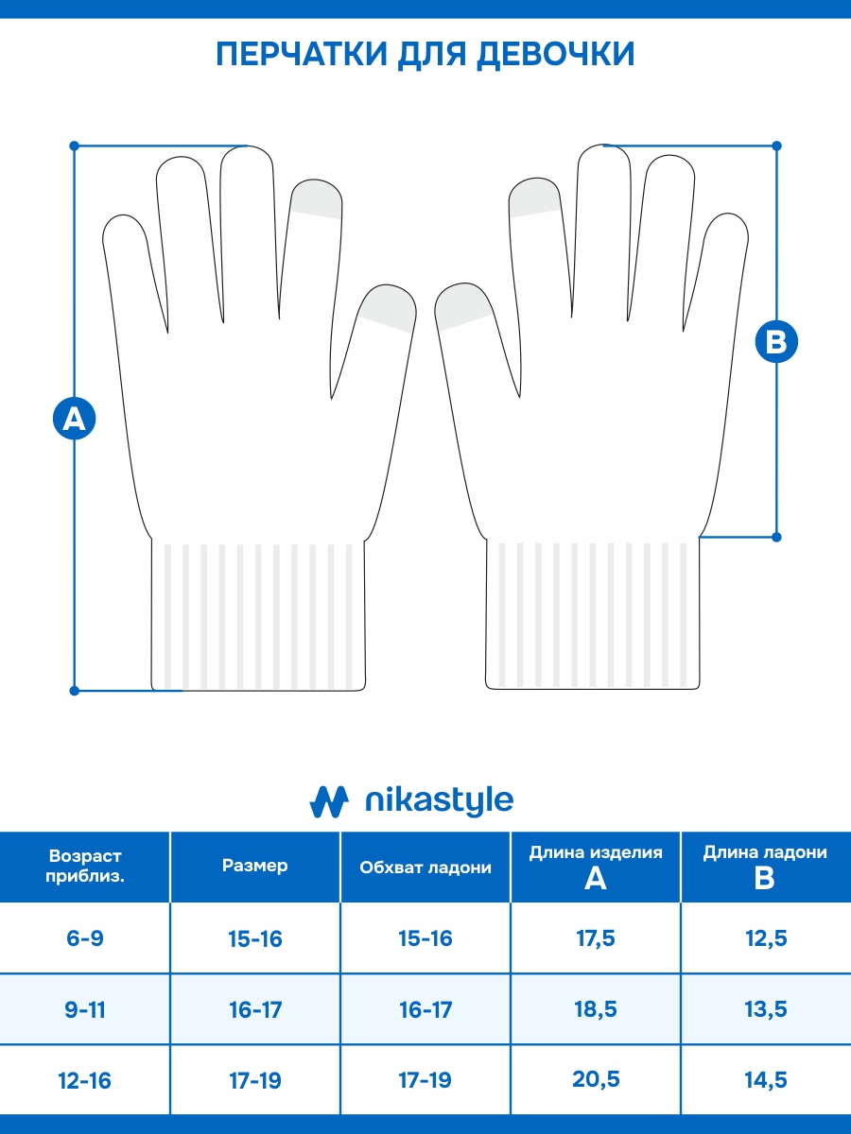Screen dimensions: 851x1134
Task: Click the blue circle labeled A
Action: tap(75, 418)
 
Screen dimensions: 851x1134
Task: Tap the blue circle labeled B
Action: tap(776, 341)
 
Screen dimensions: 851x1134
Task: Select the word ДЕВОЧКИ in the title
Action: tap(555, 54)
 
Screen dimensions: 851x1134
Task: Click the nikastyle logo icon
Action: tap(329, 801)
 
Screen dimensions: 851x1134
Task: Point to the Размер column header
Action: tap(254, 866)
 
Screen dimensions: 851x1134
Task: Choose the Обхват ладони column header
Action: tap(425, 868)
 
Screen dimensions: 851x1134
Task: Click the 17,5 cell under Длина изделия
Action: tap(596, 938)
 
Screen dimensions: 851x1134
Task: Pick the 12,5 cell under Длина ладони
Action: tap(766, 938)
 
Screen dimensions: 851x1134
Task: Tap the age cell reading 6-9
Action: tap(85, 938)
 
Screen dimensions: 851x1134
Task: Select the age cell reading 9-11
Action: tap(85, 1009)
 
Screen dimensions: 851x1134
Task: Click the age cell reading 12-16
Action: tap(85, 1081)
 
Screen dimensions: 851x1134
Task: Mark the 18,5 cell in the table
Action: tap(596, 1008)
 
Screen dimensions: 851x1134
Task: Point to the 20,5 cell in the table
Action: tap(596, 1079)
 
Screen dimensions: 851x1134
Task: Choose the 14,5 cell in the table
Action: tap(766, 1080)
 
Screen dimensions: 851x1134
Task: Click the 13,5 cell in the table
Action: tap(766, 1009)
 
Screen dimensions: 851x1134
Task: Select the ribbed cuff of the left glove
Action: tap(258, 615)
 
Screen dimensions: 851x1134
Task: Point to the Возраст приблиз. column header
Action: tap(85, 866)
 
